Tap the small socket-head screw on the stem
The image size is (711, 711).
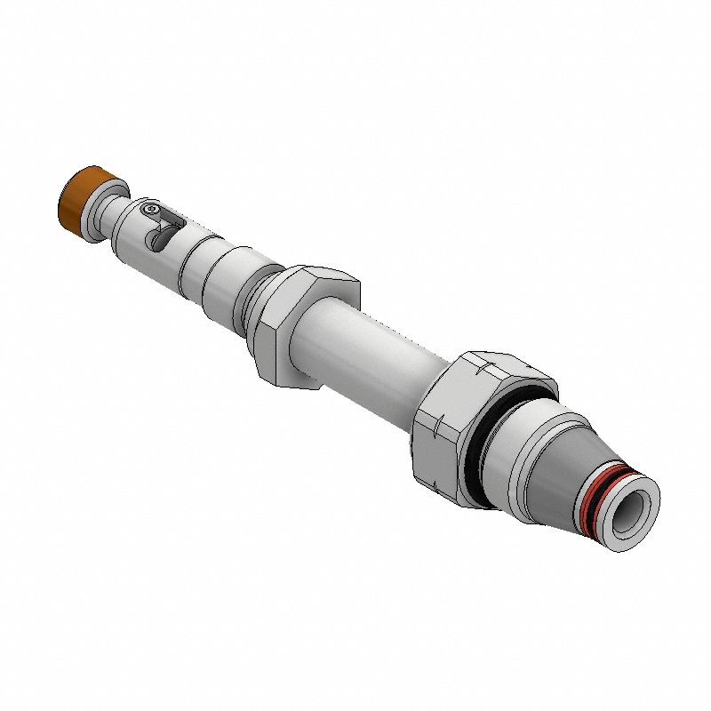[151, 211]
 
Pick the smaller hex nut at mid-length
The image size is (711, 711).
[307, 324]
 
